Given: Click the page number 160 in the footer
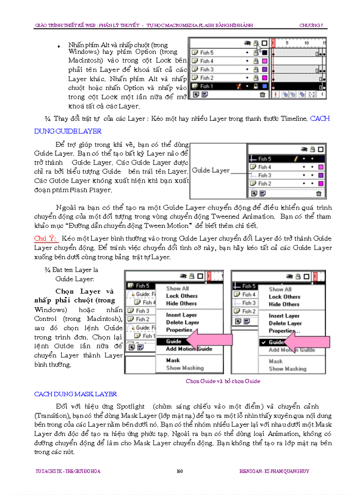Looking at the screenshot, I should [x=180, y=471].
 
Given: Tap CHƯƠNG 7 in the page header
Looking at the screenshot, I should [x=311, y=26].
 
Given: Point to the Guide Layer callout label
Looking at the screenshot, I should [x=210, y=171].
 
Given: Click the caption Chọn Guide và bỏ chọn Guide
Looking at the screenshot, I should [x=223, y=381].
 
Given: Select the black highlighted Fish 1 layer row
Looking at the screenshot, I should [x=229, y=86].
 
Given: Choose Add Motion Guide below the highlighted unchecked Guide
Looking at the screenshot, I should [x=189, y=349].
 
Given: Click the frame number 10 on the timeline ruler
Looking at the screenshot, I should [x=306, y=43].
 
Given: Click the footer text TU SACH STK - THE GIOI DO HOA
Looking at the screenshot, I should [x=67, y=471].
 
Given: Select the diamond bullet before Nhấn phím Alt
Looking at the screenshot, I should [x=59, y=46].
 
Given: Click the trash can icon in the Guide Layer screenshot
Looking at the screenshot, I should [x=319, y=193].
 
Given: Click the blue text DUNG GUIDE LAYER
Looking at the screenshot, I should [x=68, y=131].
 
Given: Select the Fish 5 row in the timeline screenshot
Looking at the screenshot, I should [x=229, y=52].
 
